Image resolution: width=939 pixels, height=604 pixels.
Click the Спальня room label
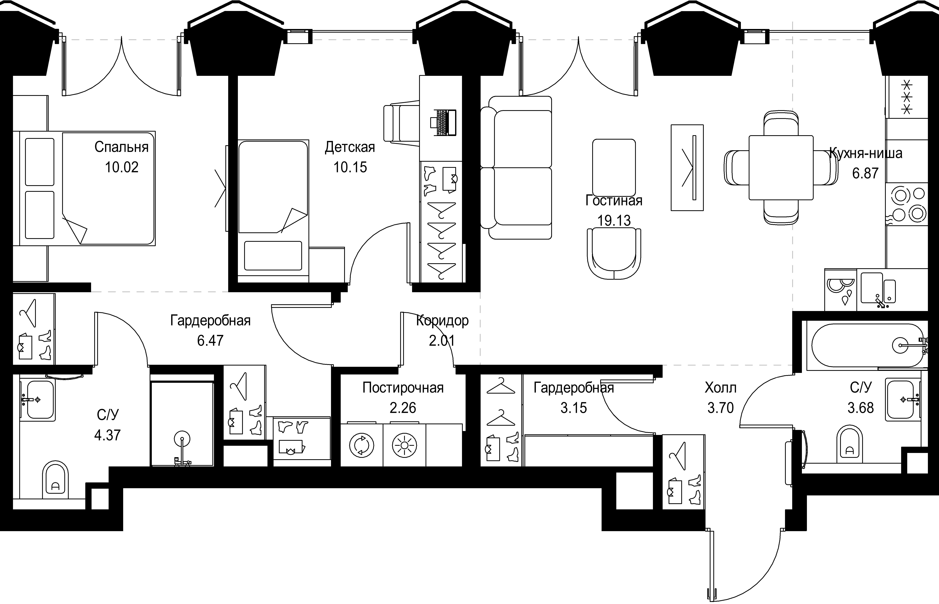(x=121, y=147)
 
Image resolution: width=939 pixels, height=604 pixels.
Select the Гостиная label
(x=614, y=201)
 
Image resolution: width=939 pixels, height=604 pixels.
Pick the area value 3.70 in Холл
(x=720, y=408)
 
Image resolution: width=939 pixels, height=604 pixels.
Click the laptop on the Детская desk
(x=444, y=123)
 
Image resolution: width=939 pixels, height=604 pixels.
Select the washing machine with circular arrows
(x=362, y=445)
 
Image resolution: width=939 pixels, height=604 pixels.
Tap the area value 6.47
(x=210, y=340)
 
